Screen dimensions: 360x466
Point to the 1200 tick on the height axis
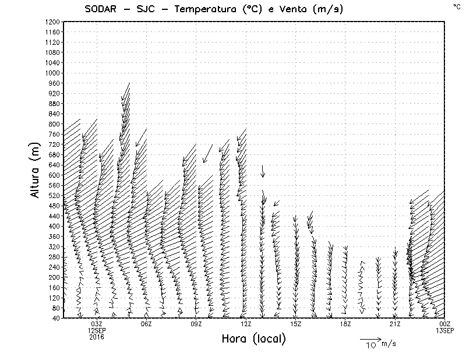(x=51, y=22)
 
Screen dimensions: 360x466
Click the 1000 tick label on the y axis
(x=51, y=73)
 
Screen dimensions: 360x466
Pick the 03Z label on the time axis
(x=97, y=324)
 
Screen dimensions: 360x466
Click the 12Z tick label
(x=246, y=324)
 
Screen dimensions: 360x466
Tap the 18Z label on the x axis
(x=345, y=324)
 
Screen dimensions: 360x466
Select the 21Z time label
(x=395, y=324)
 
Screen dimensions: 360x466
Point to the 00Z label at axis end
(x=445, y=324)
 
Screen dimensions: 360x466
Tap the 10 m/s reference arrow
(x=370, y=338)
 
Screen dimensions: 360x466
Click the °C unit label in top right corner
(x=457, y=6)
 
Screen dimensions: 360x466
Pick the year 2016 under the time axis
(x=97, y=336)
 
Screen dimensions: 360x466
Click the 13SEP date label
(x=445, y=330)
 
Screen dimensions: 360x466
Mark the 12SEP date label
(x=97, y=330)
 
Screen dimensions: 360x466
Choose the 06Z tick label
(x=146, y=324)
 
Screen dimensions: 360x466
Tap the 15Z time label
(x=295, y=324)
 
